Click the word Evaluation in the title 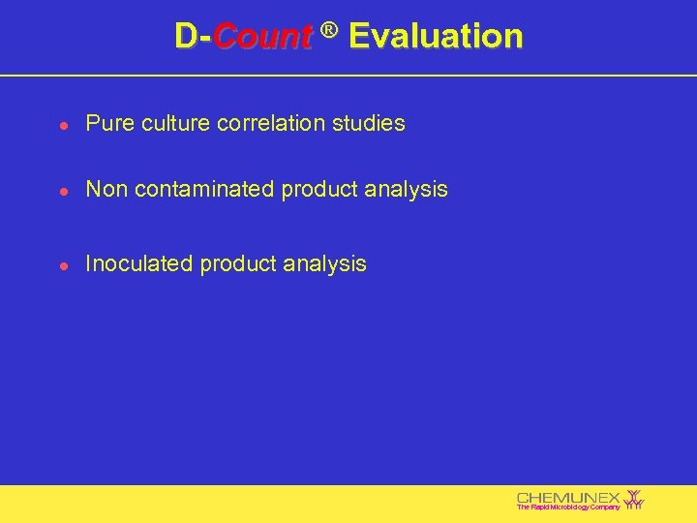point(436,37)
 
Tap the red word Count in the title point(262,38)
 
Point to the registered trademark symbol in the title point(329,31)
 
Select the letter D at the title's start point(186,37)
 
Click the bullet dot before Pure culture point(62,125)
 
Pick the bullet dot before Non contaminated point(62,191)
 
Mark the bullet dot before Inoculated point(62,264)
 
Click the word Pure point(107,124)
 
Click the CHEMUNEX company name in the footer point(568,497)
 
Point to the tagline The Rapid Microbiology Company point(568,508)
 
